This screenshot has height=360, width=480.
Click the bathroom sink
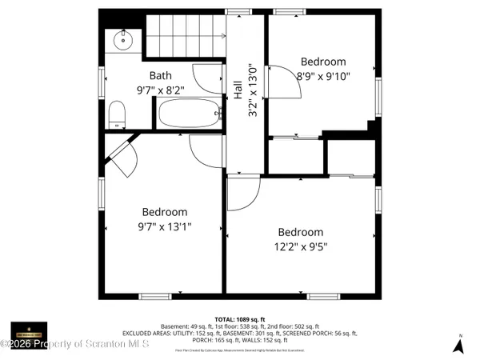point(124,39)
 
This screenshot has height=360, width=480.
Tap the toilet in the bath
point(117,113)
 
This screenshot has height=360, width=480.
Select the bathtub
point(189,114)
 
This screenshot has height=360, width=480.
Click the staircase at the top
point(186,34)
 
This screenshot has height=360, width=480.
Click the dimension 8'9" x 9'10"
point(323,76)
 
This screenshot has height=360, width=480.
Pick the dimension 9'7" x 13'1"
point(165,226)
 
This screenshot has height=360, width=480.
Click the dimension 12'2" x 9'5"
point(301,248)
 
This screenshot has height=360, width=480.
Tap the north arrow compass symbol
point(459,344)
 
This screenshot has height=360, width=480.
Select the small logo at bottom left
point(29,330)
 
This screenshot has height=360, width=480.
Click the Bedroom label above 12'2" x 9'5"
point(301,233)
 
